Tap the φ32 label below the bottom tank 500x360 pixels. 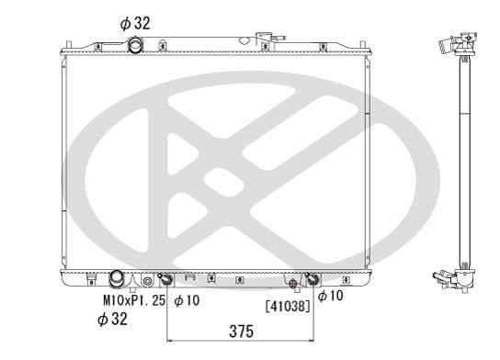(x=115, y=319)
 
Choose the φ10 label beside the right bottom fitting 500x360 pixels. (x=330, y=296)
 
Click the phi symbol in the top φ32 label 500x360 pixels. (x=126, y=23)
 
